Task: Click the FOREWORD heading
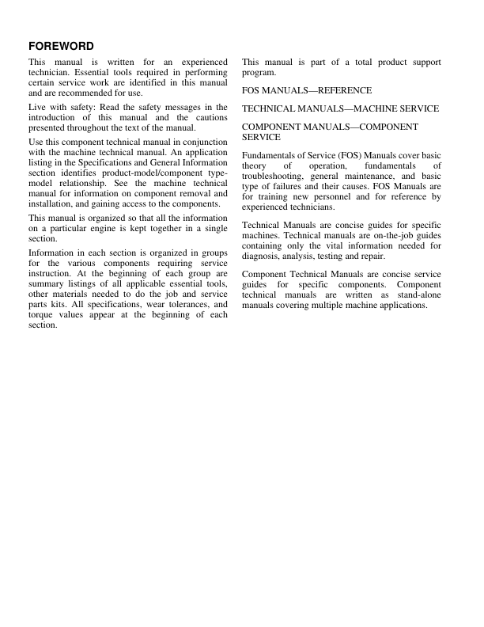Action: coord(61,46)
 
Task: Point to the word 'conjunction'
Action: coord(200,142)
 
